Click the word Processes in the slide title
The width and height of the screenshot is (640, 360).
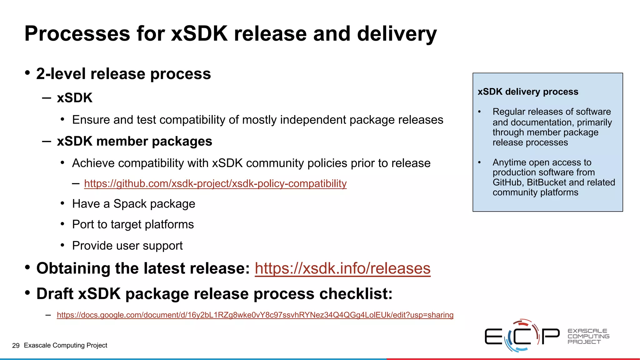tap(77, 33)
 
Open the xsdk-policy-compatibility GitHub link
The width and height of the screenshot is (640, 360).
tap(215, 183)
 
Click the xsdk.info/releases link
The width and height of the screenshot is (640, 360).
tap(342, 268)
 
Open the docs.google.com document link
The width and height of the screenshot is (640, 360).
tap(255, 315)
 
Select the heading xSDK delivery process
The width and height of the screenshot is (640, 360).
tap(528, 92)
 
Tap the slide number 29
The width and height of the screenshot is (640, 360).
tap(16, 345)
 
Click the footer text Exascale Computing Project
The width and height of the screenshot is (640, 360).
tap(66, 345)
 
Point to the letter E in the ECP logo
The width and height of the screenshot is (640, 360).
tap(493, 336)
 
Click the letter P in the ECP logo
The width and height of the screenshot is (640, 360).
tap(550, 336)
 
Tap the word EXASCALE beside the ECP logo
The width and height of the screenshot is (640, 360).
tap(587, 331)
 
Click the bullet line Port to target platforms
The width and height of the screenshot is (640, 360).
tap(133, 224)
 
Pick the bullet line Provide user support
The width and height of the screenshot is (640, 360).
tap(127, 246)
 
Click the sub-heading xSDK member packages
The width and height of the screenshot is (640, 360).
tap(134, 141)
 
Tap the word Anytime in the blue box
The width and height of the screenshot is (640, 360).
tap(510, 162)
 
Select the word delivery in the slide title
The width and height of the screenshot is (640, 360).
tap(397, 33)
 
